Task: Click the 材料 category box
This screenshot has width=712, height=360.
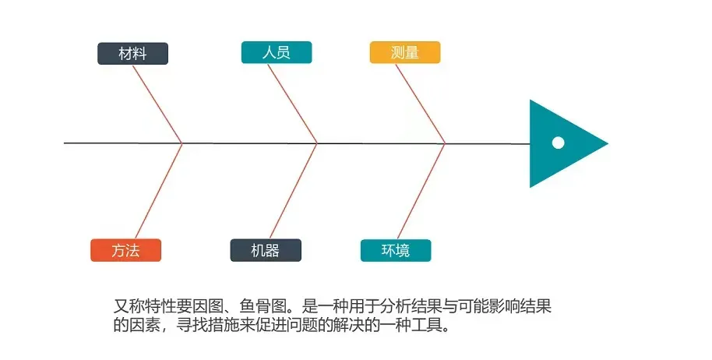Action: (x=132, y=53)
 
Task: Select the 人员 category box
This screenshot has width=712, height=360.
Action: (x=277, y=52)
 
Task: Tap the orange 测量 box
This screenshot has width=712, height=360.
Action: (x=404, y=52)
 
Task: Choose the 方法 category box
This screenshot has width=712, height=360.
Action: (x=125, y=250)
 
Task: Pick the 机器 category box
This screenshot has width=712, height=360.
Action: (x=265, y=250)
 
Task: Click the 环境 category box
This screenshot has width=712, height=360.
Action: (x=395, y=250)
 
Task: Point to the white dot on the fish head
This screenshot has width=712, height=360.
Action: (x=558, y=143)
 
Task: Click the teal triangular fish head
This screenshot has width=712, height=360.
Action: (x=553, y=160)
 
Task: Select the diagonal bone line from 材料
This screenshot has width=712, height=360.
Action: (x=157, y=104)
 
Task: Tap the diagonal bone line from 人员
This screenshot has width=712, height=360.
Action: (x=292, y=104)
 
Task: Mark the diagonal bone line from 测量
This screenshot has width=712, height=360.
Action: (x=421, y=104)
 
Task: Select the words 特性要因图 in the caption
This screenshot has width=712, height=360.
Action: (x=175, y=305)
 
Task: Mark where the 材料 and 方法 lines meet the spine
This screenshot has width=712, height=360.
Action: (x=182, y=143)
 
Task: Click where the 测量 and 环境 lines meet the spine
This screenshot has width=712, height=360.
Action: (x=445, y=143)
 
